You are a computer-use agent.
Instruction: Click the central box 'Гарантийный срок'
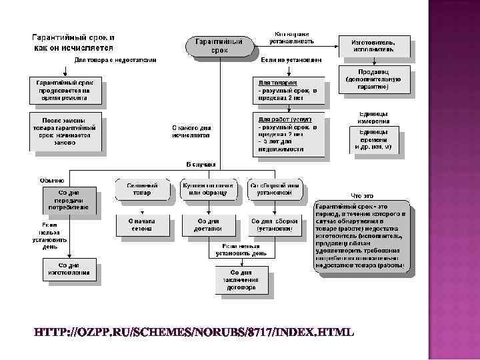pyautogui.click(x=220, y=45)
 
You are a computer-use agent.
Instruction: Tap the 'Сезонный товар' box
pyautogui.click(x=141, y=189)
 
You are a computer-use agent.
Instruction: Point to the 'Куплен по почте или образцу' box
pyautogui.click(x=209, y=189)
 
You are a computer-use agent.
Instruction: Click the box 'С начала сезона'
pyautogui.click(x=141, y=225)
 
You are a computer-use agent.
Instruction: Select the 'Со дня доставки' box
pyautogui.click(x=209, y=225)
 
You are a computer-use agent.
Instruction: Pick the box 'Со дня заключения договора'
pyautogui.click(x=241, y=280)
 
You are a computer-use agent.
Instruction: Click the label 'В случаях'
pyautogui.click(x=200, y=164)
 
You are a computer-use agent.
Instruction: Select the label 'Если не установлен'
pyautogui.click(x=291, y=60)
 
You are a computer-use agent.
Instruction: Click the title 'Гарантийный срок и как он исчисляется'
pyautogui.click(x=74, y=42)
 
